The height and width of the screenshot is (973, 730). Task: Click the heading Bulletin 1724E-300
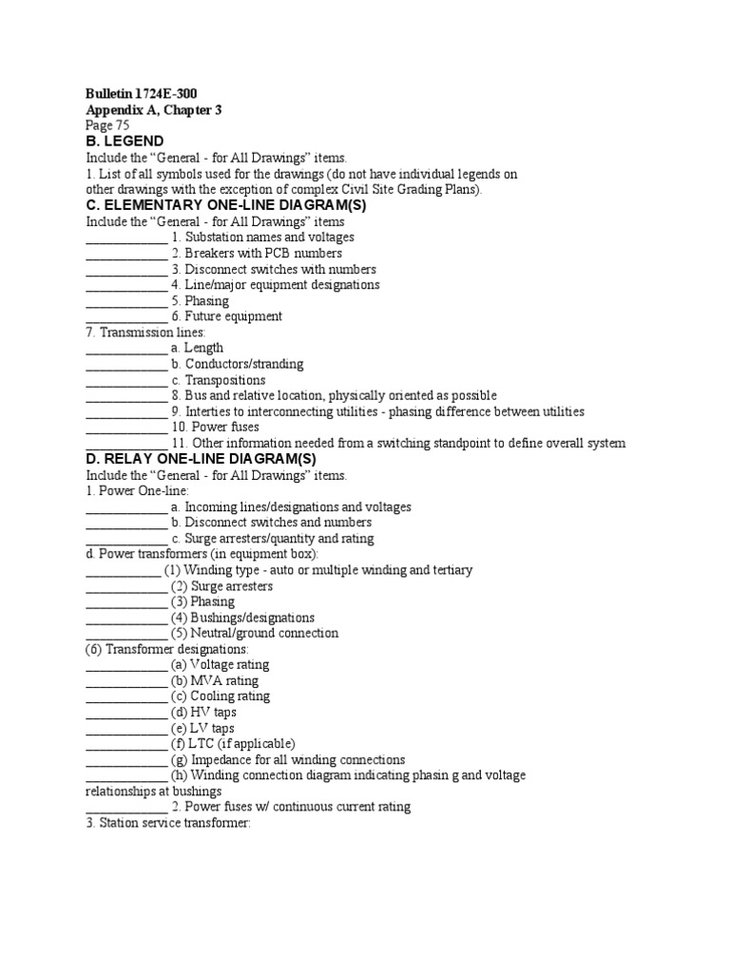(x=142, y=93)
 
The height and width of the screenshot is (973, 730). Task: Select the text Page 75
(x=107, y=125)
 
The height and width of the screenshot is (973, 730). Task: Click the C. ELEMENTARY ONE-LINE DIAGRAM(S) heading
(x=226, y=204)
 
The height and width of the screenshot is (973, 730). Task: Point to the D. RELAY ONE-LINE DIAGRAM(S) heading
(x=201, y=459)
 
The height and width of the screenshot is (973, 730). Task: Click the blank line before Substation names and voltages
(x=126, y=238)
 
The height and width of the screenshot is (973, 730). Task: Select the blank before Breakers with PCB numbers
(x=126, y=254)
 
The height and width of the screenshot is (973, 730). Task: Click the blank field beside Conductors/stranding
(x=126, y=364)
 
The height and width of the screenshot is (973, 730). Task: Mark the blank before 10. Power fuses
(x=126, y=428)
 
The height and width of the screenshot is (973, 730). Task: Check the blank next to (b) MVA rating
(x=126, y=680)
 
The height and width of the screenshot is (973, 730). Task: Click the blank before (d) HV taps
(x=126, y=712)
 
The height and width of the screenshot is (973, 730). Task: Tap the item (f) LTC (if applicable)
(x=233, y=744)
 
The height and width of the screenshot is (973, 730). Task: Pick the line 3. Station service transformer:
(x=167, y=823)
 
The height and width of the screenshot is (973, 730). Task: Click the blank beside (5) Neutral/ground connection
(x=126, y=633)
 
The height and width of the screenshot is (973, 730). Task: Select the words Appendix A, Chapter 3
(x=154, y=109)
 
